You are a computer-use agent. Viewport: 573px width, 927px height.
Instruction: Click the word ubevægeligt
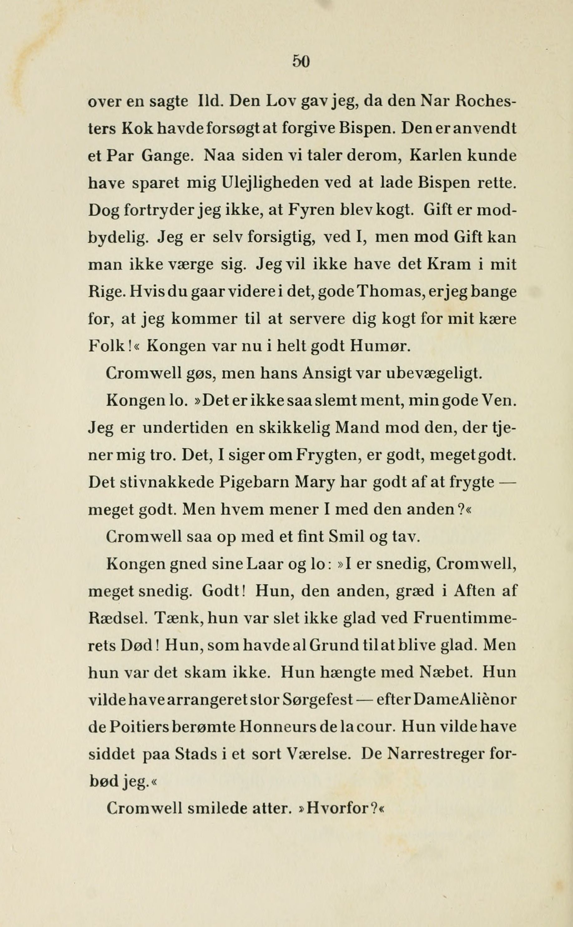pos(433,374)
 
